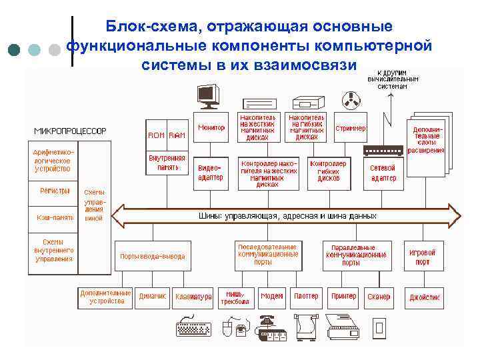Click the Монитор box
(211, 127)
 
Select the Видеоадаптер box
(211, 173)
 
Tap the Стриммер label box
(350, 128)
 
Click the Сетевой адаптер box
(383, 173)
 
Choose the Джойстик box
(423, 297)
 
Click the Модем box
(271, 297)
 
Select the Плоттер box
(306, 297)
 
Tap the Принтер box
(343, 297)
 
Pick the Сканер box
(379, 297)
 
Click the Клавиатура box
(193, 297)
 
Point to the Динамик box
(153, 297)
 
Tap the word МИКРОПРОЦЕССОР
(70, 131)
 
